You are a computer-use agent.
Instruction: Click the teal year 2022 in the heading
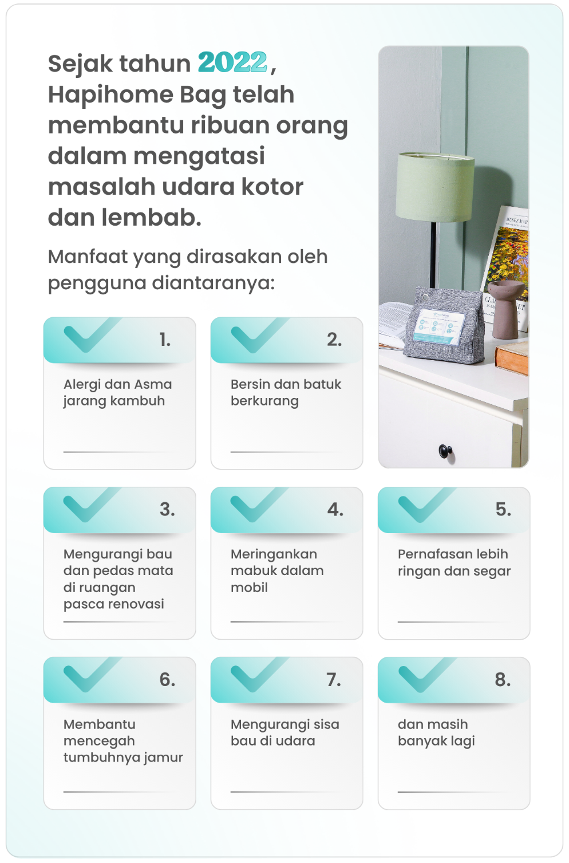point(232,62)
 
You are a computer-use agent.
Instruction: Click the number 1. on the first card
point(165,340)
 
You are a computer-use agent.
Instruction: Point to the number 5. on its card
point(503,509)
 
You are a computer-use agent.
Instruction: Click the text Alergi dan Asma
point(117,384)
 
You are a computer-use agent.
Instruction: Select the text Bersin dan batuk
point(286,384)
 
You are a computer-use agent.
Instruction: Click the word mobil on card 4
point(249,588)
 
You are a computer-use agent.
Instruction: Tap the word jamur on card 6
point(163,758)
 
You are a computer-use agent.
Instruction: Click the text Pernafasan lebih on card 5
point(453,554)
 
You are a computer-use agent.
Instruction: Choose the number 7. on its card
point(334,680)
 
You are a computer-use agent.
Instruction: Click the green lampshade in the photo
point(435,187)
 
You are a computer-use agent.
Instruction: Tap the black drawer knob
point(446,450)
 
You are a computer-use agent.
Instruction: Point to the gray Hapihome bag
point(444,325)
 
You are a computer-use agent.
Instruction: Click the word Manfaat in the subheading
point(88,257)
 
